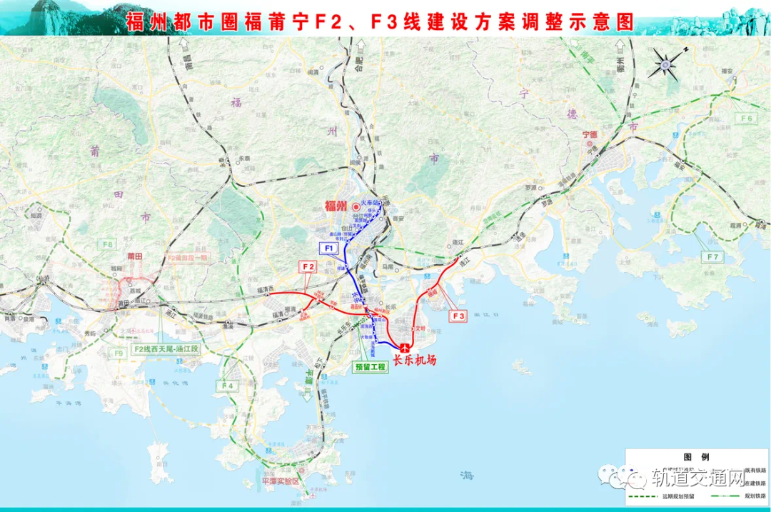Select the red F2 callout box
[x=308, y=266]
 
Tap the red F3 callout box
[x=458, y=315]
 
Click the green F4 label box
[x=227, y=386]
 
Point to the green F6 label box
[x=747, y=118]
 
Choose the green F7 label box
[x=713, y=256]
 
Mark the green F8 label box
[x=107, y=245]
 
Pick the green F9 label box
[x=119, y=352]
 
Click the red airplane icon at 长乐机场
[x=405, y=347]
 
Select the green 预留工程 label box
[x=371, y=367]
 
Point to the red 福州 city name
[x=336, y=207]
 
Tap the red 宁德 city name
[x=588, y=134]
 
